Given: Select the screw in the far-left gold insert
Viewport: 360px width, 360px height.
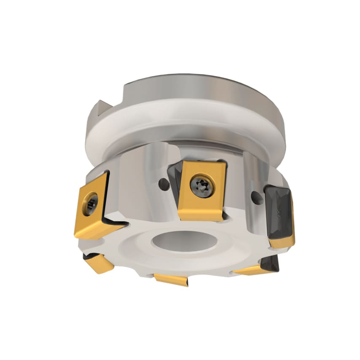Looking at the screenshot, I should click(91, 204).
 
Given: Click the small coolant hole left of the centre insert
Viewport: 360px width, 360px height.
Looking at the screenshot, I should click(161, 184).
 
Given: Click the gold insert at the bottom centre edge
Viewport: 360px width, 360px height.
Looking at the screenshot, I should click(171, 279).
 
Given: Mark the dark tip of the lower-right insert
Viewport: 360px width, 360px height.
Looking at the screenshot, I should click(270, 264).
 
